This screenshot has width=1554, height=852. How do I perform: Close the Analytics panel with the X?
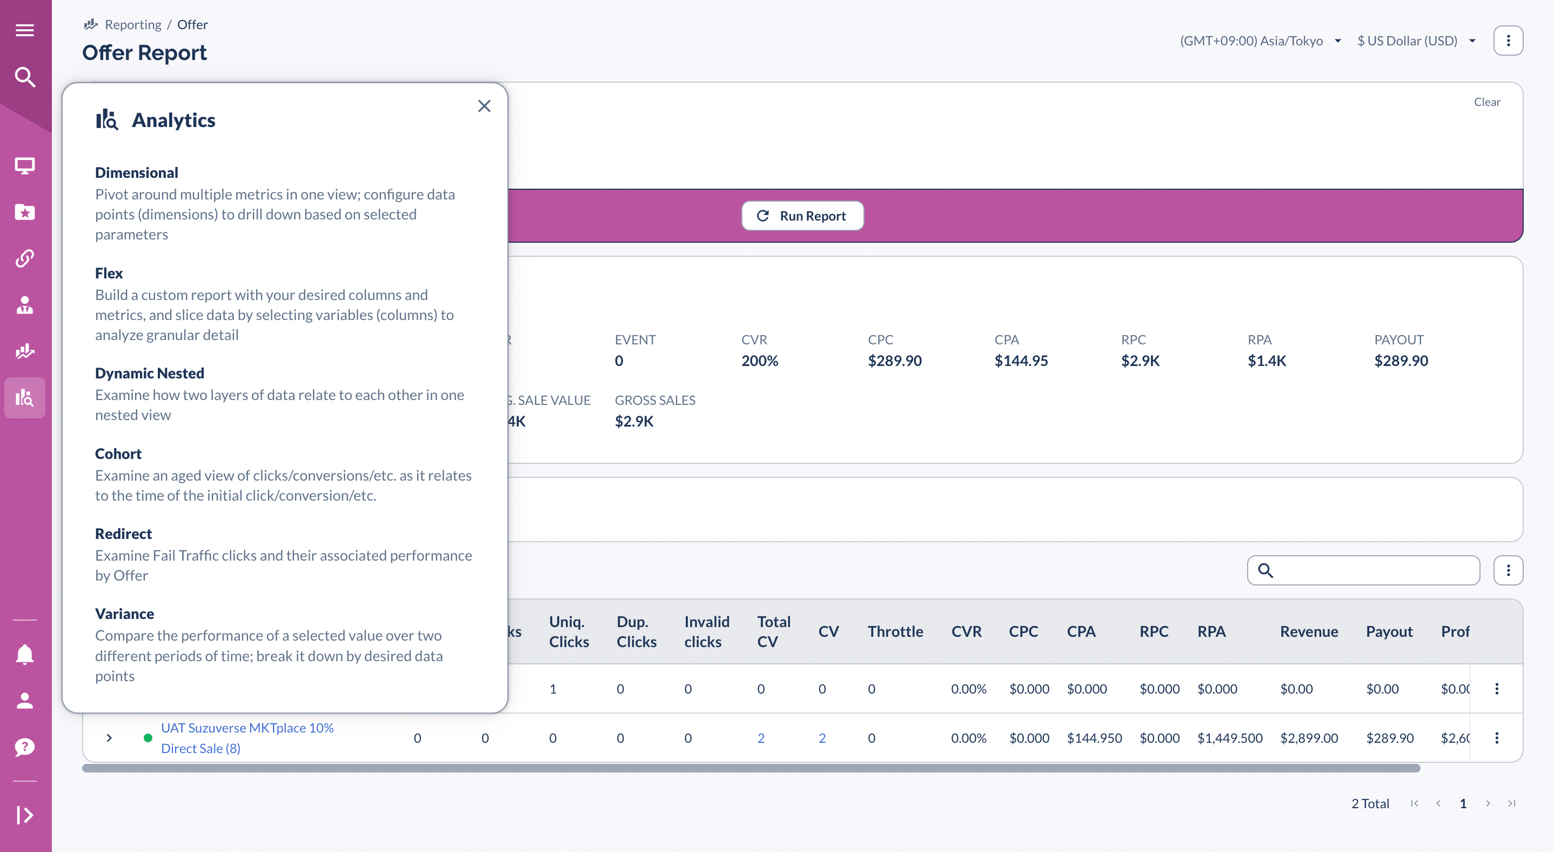[484, 106]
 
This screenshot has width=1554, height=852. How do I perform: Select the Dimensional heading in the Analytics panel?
[136, 172]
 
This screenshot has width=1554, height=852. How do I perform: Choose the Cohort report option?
[118, 454]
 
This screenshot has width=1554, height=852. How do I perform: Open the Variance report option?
[124, 614]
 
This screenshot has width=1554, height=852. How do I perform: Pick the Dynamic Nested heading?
[150, 373]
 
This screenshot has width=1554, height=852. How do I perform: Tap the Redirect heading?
[123, 534]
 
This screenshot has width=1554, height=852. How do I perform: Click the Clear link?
[1486, 102]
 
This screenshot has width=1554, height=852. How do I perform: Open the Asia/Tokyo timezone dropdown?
[1260, 41]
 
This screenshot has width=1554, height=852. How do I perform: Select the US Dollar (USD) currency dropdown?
[1415, 41]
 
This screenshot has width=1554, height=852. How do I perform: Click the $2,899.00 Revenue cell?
[1309, 737]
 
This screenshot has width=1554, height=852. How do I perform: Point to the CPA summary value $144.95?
[1021, 360]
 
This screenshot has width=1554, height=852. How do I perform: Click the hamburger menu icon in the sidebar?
[25, 30]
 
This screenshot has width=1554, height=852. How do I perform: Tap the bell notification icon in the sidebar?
[25, 654]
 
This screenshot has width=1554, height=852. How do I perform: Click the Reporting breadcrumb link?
[133, 25]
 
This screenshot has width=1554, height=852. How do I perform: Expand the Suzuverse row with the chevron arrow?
[109, 737]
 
